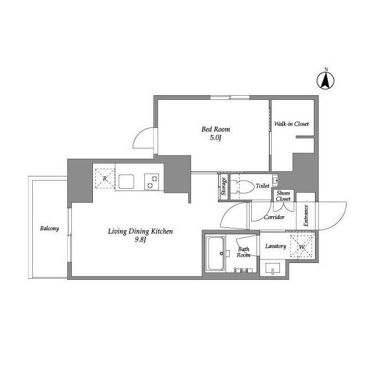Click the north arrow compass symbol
click(x=325, y=81)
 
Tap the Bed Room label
click(x=216, y=129)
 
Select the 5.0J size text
click(x=216, y=138)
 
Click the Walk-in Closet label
click(x=291, y=124)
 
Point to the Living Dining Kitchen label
click(x=140, y=231)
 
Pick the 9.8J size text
click(x=140, y=240)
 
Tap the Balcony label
click(x=49, y=228)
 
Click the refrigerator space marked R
click(x=105, y=179)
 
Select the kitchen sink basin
click(x=126, y=182)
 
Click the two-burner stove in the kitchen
click(x=151, y=182)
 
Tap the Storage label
click(x=223, y=186)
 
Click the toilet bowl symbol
click(x=243, y=186)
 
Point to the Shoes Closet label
click(x=283, y=196)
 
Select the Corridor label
click(x=274, y=217)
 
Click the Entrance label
click(x=306, y=216)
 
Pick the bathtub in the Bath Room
click(x=216, y=254)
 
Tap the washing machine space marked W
click(x=302, y=247)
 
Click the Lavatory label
click(x=275, y=246)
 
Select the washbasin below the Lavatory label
click(x=273, y=269)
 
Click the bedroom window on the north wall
click(x=230, y=98)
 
